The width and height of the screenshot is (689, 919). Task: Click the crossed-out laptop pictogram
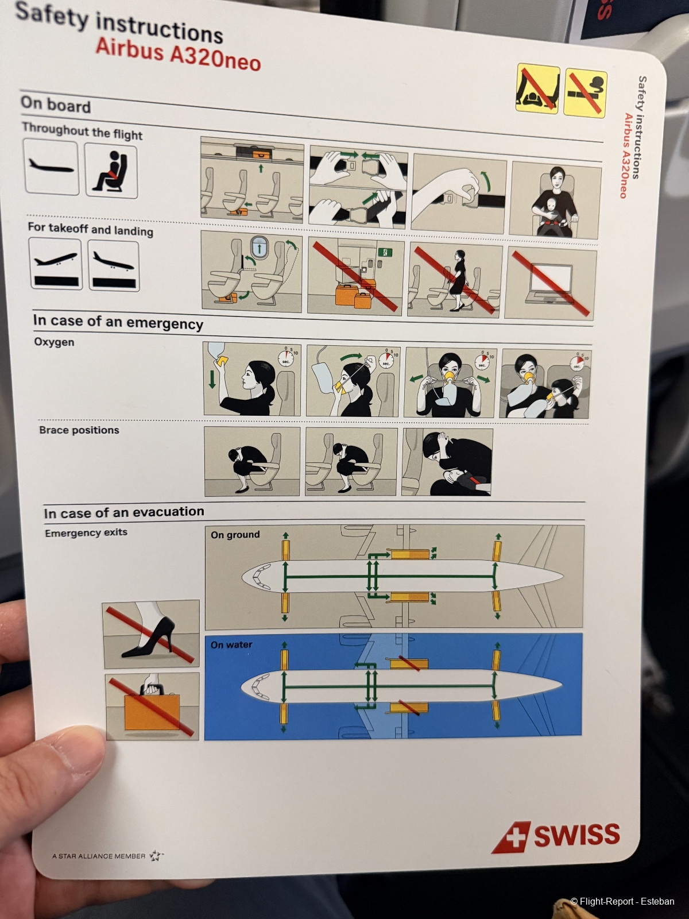pyautogui.click(x=551, y=284)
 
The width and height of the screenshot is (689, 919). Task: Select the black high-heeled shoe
pyautogui.click(x=149, y=637)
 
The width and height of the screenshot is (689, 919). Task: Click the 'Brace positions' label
pyautogui.click(x=79, y=430)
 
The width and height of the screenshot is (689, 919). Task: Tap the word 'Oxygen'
pyautogui.click(x=55, y=342)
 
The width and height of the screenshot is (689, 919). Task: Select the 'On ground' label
pyautogui.click(x=235, y=535)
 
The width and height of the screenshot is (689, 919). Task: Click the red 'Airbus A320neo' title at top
pyautogui.click(x=178, y=55)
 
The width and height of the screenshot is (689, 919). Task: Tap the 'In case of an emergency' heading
pyautogui.click(x=118, y=322)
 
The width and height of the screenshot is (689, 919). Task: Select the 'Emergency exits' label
pyautogui.click(x=86, y=532)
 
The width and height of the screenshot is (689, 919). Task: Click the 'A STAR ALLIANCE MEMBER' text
pyautogui.click(x=99, y=856)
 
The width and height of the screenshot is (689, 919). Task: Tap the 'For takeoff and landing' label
pyautogui.click(x=90, y=229)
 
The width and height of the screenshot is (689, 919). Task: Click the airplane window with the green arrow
pyautogui.click(x=260, y=248)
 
